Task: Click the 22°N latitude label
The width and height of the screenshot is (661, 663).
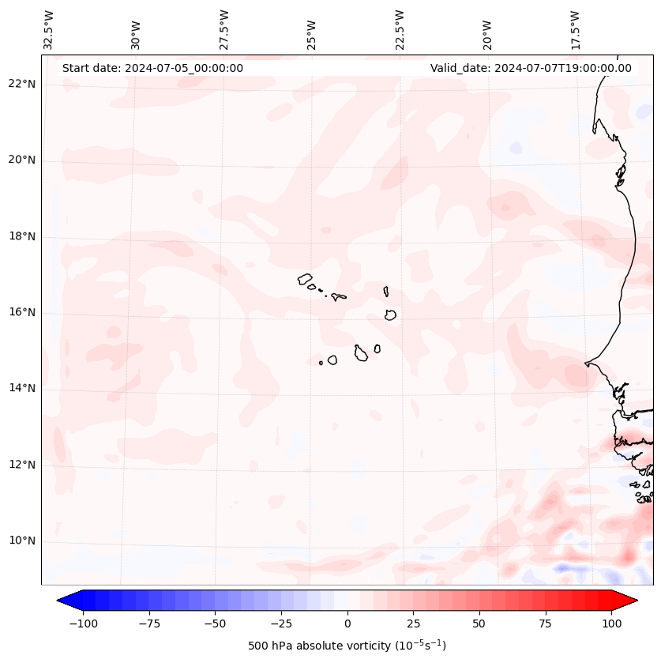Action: (21, 84)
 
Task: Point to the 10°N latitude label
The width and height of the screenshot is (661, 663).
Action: (21, 541)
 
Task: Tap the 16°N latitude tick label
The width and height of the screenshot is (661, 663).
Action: (21, 312)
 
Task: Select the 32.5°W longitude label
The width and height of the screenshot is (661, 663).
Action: (49, 30)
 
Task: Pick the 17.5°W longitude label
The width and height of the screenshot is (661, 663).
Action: (575, 30)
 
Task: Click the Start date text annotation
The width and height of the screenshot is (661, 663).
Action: (152, 68)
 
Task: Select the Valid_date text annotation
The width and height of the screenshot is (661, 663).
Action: (531, 68)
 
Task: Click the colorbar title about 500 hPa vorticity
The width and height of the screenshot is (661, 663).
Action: (347, 646)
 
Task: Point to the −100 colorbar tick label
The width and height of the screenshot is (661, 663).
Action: (83, 623)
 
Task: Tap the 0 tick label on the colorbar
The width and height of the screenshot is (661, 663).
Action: (347, 623)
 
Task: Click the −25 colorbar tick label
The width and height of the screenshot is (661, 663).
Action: (281, 623)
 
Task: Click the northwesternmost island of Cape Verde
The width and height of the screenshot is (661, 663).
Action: (305, 278)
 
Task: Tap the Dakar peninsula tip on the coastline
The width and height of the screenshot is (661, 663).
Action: (586, 364)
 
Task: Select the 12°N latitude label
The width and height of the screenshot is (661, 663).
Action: (21, 465)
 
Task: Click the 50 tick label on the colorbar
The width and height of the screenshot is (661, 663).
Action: (479, 623)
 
